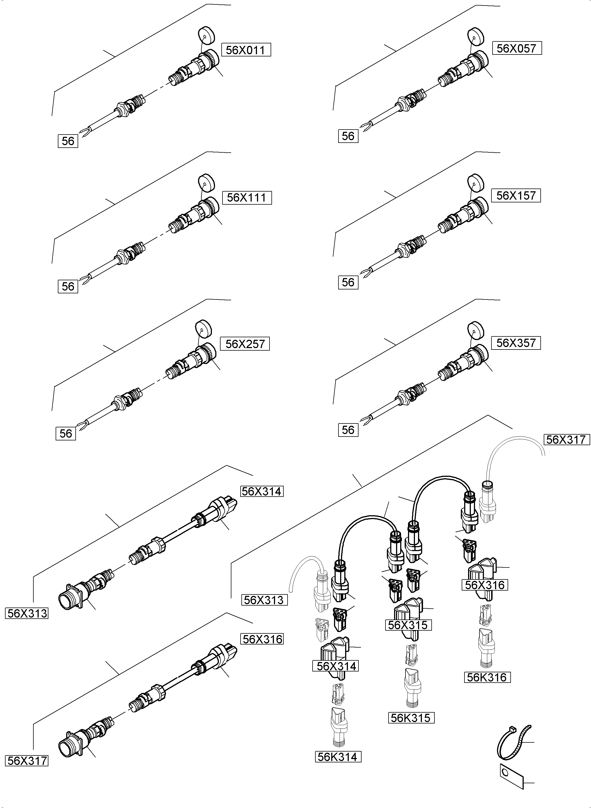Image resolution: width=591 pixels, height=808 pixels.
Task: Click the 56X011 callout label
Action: point(246,50)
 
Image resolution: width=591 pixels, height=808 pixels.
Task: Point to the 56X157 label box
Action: point(516,196)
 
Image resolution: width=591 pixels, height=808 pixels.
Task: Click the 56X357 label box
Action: point(516,343)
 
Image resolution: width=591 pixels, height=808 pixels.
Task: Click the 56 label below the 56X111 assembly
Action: point(68,286)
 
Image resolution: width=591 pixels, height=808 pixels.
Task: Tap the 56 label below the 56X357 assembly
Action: point(348,430)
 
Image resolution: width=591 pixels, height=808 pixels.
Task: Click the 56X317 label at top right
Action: point(566,440)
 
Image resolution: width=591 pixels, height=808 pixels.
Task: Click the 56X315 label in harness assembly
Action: point(408,625)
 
